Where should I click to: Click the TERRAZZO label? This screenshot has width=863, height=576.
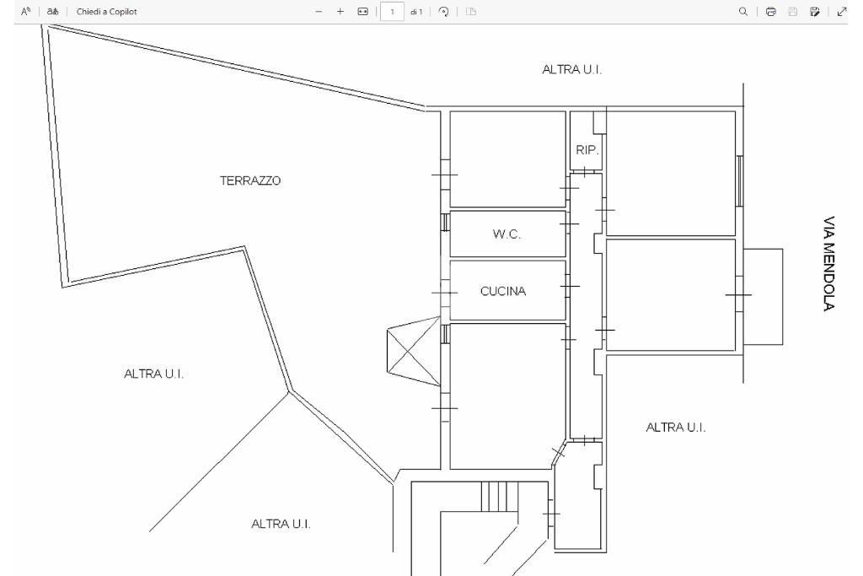click(250, 180)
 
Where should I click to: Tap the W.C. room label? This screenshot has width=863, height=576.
click(507, 234)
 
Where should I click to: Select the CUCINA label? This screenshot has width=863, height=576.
click(503, 291)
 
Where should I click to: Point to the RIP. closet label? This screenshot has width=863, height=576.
click(587, 150)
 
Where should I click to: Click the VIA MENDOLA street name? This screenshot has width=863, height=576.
click(829, 263)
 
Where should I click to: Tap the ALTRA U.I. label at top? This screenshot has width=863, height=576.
click(572, 69)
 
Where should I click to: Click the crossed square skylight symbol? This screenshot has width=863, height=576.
click(413, 351)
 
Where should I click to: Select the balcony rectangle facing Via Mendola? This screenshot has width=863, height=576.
click(764, 297)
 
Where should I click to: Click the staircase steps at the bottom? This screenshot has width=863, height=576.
click(500, 497)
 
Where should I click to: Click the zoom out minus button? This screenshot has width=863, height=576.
click(319, 12)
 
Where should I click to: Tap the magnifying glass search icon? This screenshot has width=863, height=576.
click(743, 12)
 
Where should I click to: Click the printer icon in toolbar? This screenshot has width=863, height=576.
click(770, 12)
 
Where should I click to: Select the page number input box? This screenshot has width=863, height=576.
click(392, 12)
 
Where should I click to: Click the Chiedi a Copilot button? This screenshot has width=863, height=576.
click(107, 12)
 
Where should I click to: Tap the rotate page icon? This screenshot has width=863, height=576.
click(443, 12)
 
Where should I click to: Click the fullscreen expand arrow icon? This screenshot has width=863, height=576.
click(842, 12)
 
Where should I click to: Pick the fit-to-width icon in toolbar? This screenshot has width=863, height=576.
click(362, 12)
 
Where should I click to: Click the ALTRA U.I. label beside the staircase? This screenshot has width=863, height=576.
click(281, 525)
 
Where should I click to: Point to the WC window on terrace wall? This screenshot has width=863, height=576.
click(446, 223)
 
